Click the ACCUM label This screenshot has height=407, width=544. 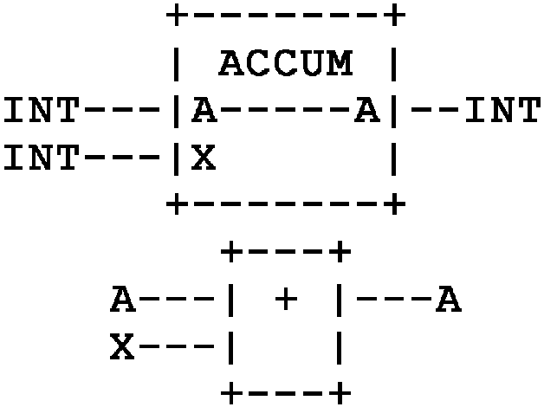pyautogui.click(x=285, y=63)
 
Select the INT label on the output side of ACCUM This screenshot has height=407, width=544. pyautogui.click(x=502, y=111)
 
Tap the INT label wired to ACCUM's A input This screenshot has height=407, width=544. pyautogui.click(x=41, y=111)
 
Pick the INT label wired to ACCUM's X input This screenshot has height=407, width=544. pyautogui.click(x=41, y=158)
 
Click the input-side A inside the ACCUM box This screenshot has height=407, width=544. pyautogui.click(x=204, y=111)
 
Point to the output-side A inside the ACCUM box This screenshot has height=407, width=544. pyautogui.click(x=367, y=111)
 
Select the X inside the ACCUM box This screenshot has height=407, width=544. pyautogui.click(x=204, y=158)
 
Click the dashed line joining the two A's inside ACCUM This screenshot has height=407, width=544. pyautogui.click(x=285, y=111)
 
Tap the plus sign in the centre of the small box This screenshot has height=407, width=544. pyautogui.click(x=285, y=300)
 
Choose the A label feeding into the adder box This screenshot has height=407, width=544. pyautogui.click(x=122, y=300)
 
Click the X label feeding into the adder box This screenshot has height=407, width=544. pyautogui.click(x=122, y=348)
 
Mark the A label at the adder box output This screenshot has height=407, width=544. pyautogui.click(x=448, y=300)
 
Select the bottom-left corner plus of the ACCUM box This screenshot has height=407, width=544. pyautogui.click(x=177, y=205)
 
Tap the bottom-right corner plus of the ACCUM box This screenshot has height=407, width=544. pyautogui.click(x=394, y=205)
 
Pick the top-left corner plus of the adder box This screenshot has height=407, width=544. pyautogui.click(x=231, y=253)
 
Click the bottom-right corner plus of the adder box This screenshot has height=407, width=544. pyautogui.click(x=340, y=395)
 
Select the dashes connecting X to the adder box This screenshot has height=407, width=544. pyautogui.click(x=177, y=348)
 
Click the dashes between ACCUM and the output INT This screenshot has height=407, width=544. pyautogui.click(x=435, y=111)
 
